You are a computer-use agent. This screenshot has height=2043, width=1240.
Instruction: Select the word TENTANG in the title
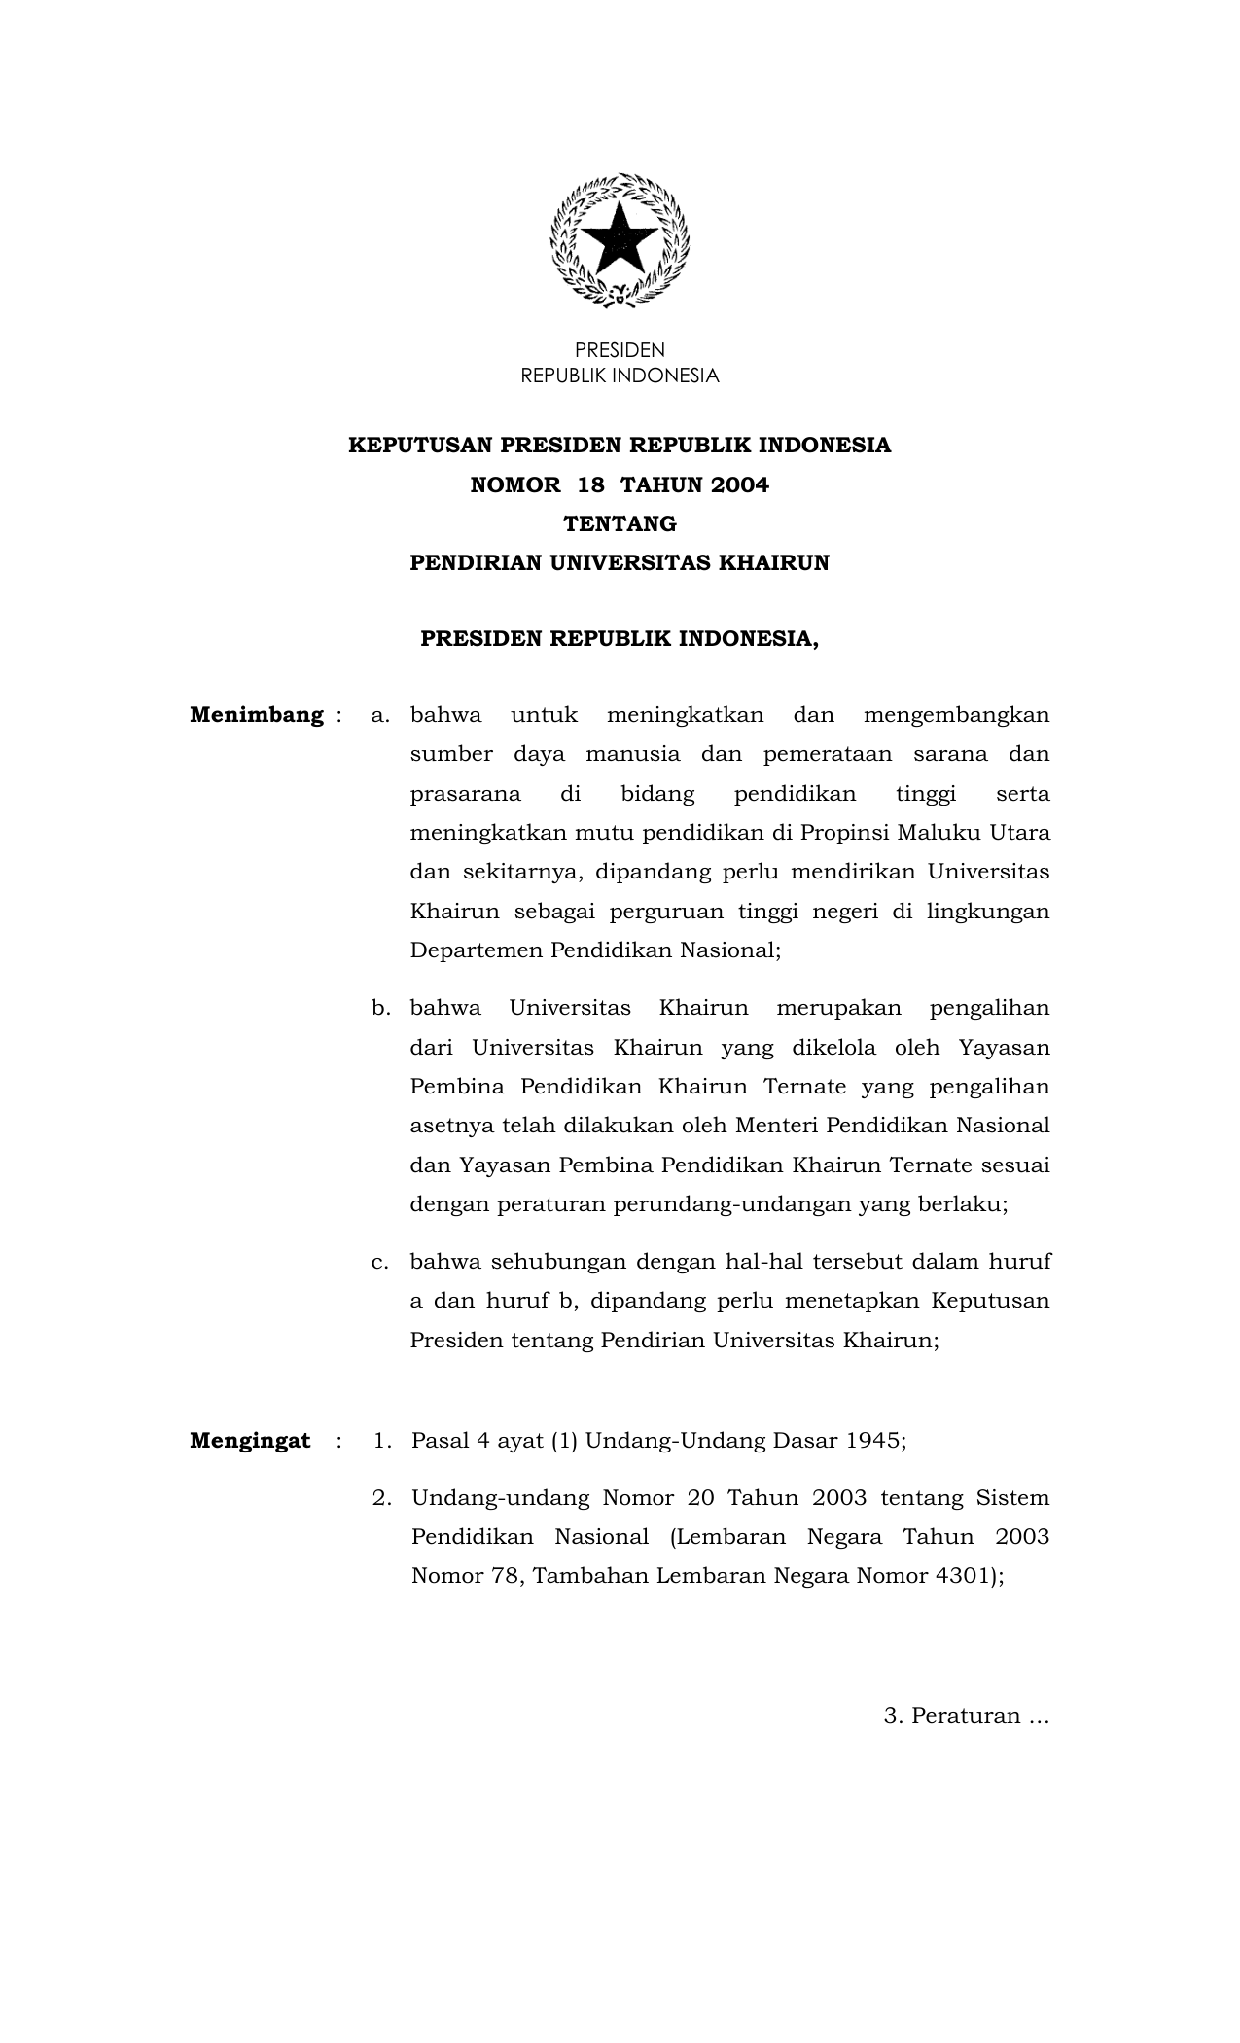[620, 524]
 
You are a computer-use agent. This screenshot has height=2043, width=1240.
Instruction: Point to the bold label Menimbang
[257, 715]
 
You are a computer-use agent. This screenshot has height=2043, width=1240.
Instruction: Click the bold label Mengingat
[250, 1441]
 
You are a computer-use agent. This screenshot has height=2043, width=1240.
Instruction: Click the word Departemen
[477, 950]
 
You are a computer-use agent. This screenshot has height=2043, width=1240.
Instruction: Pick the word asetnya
[452, 1127]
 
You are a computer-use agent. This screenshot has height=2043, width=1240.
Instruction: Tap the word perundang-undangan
[731, 1204]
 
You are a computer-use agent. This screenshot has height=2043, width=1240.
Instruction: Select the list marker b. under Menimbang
[380, 1009]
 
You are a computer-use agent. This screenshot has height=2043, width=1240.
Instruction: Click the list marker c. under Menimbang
[380, 1263]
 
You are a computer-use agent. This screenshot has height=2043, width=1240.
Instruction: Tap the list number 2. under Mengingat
[382, 1498]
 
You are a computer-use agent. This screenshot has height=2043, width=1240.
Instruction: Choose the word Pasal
[440, 1441]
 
